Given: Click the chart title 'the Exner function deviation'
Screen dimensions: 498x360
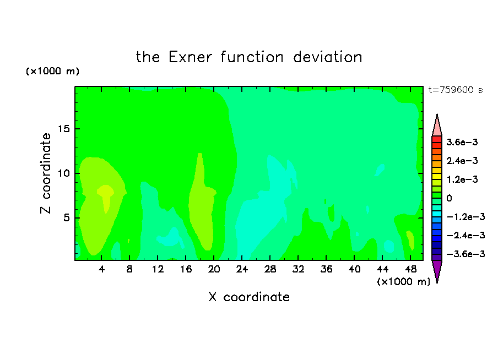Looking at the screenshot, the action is click(249, 57).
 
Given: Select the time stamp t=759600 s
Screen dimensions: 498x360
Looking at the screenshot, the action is click(456, 90).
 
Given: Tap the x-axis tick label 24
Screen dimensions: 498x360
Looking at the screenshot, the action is click(242, 269).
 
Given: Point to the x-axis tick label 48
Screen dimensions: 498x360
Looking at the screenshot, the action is click(410, 269).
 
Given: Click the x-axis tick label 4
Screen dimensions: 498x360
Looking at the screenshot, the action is click(101, 269).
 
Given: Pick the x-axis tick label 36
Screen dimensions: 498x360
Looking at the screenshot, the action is click(326, 269).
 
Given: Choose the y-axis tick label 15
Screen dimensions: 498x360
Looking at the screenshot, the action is click(63, 129).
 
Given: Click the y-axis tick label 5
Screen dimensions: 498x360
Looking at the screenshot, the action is click(66, 218).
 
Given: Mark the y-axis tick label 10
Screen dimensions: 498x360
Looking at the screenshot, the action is click(63, 173).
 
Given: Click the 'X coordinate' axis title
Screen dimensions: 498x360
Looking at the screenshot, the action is click(249, 297).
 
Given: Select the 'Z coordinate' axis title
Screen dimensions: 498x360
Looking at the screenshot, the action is click(45, 173).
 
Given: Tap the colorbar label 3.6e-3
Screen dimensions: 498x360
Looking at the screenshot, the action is click(462, 142).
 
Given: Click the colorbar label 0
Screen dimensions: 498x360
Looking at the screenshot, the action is click(449, 198).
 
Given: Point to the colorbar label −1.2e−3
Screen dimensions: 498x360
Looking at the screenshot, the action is click(465, 217).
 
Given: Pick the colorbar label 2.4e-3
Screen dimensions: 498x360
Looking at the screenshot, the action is click(462, 161).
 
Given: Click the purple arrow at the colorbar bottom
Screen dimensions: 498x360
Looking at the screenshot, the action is click(437, 270).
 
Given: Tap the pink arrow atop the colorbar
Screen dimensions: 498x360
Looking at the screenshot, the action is click(437, 127).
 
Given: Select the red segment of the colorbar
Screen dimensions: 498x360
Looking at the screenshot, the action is click(437, 139).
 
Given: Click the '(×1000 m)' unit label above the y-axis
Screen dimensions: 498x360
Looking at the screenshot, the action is click(52, 71).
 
